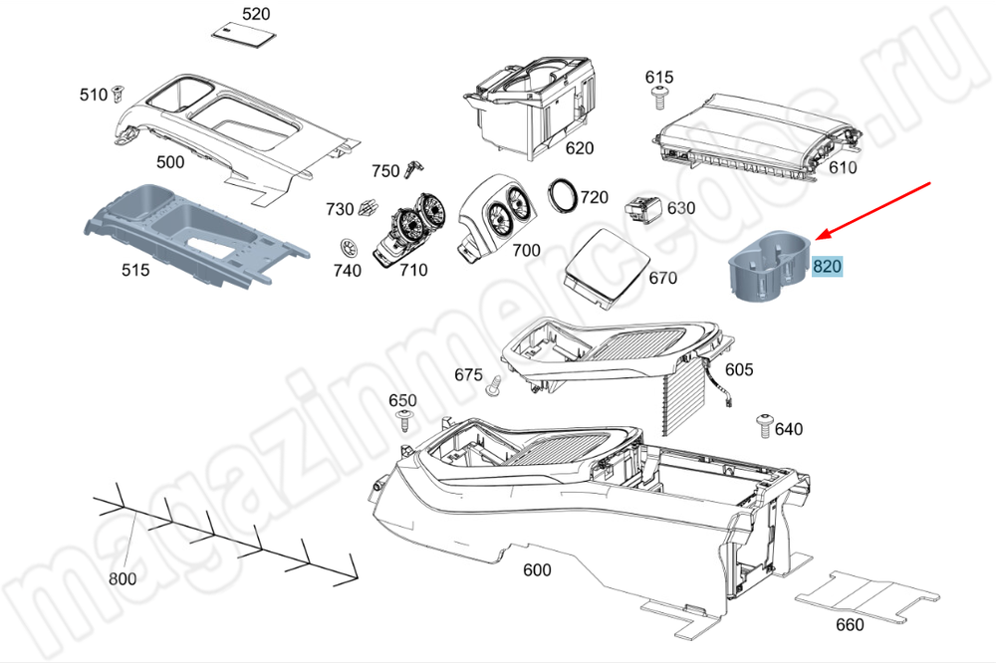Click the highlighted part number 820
pos(828,267)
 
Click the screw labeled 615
pos(658,97)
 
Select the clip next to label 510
pos(119,94)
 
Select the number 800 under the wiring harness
pos(123,578)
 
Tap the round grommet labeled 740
pos(348,247)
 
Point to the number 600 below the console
pos(537,570)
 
